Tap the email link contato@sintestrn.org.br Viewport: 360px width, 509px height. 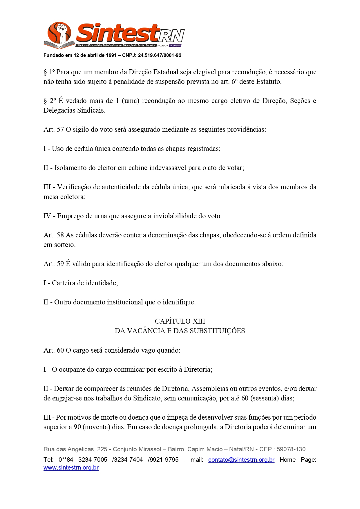241,460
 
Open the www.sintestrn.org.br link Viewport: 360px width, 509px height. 71,468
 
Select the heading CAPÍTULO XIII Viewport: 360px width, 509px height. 180,321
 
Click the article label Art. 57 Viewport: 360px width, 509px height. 53,129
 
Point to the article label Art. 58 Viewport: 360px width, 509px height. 53,235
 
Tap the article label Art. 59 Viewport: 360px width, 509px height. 53,264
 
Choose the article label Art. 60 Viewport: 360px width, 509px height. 53,350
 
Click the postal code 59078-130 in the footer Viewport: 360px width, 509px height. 291,449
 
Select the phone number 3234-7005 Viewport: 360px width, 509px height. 93,460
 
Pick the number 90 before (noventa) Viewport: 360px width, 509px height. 77,427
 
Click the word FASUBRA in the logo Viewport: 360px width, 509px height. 175,46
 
